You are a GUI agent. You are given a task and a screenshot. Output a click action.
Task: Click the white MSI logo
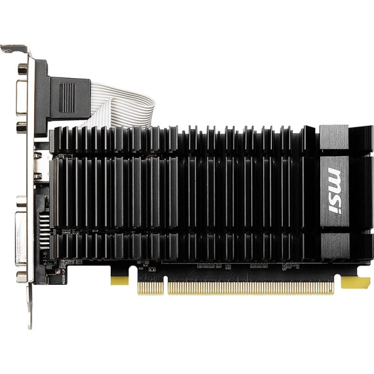(335, 190)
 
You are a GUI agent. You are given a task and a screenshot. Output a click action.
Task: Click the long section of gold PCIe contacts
(250, 288)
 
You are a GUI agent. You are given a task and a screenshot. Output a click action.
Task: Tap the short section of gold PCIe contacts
(151, 288)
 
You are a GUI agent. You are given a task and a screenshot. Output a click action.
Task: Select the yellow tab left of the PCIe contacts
(119, 281)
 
